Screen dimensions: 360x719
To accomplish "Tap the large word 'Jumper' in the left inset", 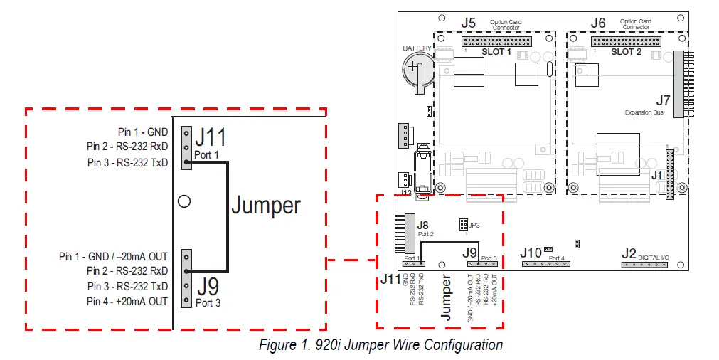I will (266, 206).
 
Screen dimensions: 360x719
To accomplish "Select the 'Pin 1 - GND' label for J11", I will (143, 132).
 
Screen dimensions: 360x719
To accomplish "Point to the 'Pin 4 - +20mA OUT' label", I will (127, 301).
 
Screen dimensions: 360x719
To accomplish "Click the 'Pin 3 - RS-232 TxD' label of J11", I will (127, 162).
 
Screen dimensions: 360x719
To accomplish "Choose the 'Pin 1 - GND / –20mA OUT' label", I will (113, 256).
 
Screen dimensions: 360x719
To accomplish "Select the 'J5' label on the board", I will (468, 23).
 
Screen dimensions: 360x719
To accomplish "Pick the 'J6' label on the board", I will (598, 23).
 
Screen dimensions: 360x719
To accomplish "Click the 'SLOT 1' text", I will (496, 52).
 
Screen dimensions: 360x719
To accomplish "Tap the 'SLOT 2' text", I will (627, 52).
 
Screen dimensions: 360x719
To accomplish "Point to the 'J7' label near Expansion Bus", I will (662, 100).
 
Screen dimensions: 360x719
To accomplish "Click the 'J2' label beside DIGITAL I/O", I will (629, 253).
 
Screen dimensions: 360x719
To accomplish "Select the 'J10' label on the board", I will (531, 253).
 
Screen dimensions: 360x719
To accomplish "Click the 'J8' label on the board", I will (423, 225).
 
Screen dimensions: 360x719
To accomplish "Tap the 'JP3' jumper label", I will (474, 224).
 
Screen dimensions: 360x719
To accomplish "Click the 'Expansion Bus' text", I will (644, 112).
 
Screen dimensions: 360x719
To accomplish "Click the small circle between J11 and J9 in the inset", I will (184, 201).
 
